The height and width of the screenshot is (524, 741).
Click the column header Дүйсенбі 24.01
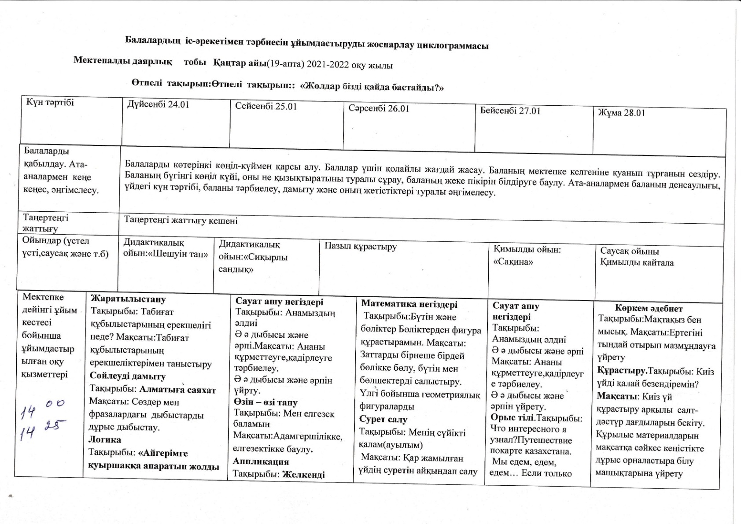click(x=158, y=104)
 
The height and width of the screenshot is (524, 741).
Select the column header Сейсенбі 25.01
click(x=266, y=106)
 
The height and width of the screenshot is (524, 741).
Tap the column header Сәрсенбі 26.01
click(x=379, y=108)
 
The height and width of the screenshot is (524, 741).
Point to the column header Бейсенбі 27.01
click(x=510, y=111)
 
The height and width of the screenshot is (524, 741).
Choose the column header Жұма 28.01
click(x=621, y=113)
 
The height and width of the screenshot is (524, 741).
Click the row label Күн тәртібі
click(x=50, y=103)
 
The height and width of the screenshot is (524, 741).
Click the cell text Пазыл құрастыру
click(x=361, y=246)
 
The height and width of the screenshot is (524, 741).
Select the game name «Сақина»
click(x=513, y=262)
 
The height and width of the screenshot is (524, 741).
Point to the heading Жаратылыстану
click(x=128, y=299)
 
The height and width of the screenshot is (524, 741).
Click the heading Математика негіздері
click(x=409, y=304)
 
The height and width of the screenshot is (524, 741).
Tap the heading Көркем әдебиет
click(x=649, y=308)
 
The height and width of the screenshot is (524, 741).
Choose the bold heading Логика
click(x=105, y=439)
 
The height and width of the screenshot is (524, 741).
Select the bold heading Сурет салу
click(x=383, y=419)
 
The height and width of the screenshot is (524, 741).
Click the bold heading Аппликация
click(x=261, y=461)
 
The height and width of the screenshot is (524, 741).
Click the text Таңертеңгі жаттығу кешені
click(x=181, y=220)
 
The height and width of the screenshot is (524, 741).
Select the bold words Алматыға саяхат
click(x=178, y=390)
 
